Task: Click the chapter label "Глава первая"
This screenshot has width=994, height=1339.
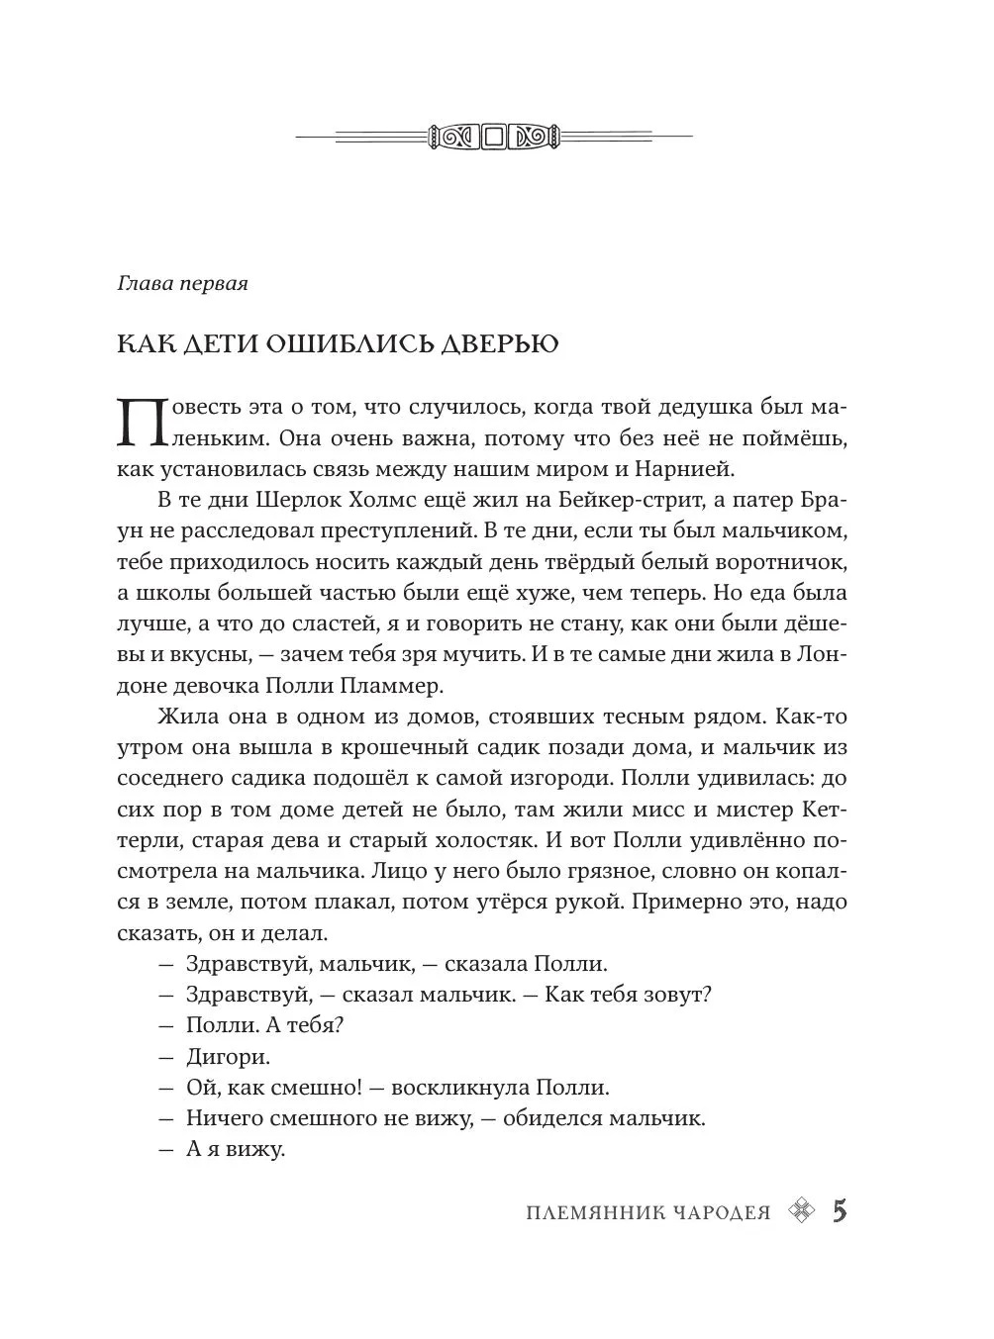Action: tap(181, 284)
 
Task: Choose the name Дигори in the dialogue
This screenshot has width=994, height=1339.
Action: tap(228, 1056)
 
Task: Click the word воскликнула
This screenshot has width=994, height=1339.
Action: tap(460, 1087)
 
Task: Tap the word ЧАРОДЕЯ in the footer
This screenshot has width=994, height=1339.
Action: tap(720, 1213)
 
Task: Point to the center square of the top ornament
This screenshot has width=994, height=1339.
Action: tap(495, 136)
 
